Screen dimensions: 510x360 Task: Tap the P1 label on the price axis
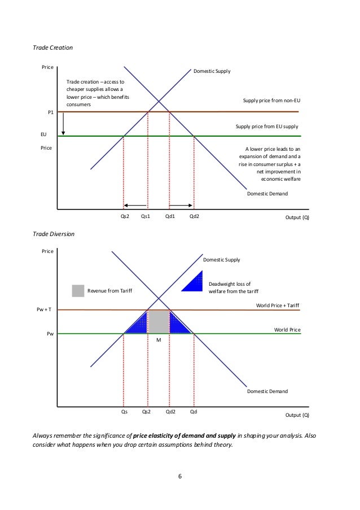click(x=50, y=112)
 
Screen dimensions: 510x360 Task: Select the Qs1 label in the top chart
click(x=146, y=215)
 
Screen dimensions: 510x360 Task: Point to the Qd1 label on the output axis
click(x=170, y=215)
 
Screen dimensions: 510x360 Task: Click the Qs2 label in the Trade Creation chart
click(x=125, y=215)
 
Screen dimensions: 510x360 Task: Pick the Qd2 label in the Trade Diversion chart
click(x=170, y=412)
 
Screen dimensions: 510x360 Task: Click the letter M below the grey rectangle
click(x=159, y=341)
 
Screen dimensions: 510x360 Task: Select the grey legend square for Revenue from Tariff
click(x=78, y=291)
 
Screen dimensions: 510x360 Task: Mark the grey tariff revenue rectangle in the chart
click(x=159, y=321)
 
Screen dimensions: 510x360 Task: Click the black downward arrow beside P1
click(x=64, y=124)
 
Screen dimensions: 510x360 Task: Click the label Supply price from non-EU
click(x=271, y=101)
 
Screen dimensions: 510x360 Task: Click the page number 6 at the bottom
click(x=179, y=477)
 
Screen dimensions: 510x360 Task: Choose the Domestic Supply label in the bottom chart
click(x=221, y=260)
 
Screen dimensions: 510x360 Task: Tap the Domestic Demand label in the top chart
click(x=267, y=194)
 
